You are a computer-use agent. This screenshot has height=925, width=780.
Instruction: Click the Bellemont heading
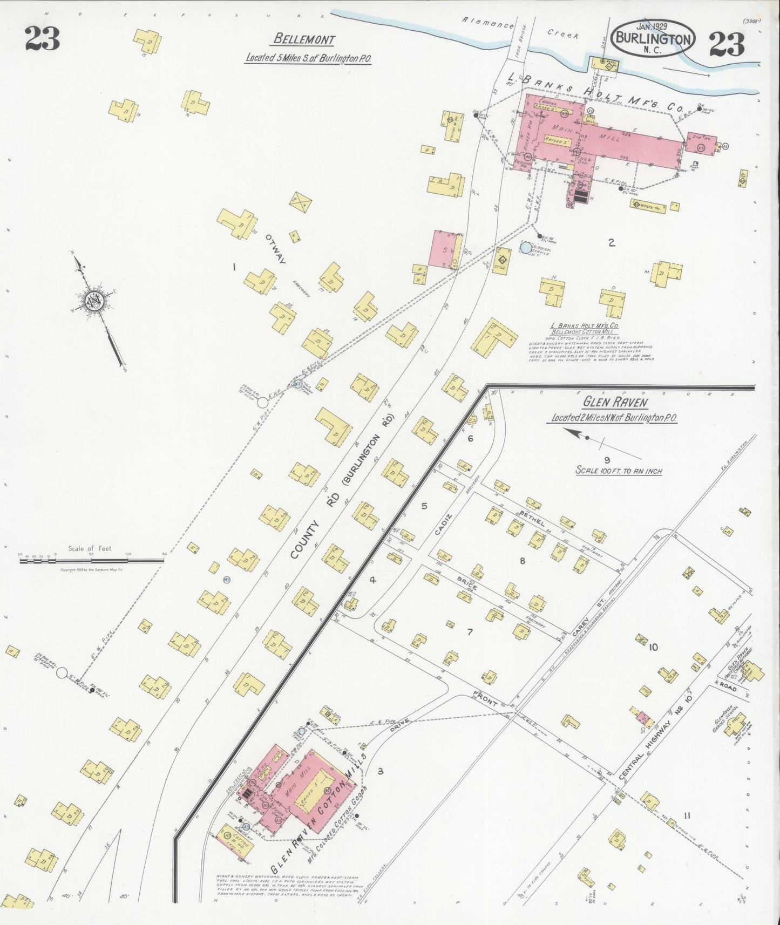(x=304, y=39)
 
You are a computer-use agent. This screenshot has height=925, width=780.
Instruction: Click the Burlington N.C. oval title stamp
(x=654, y=38)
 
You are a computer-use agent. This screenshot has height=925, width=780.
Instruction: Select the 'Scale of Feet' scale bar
(x=91, y=560)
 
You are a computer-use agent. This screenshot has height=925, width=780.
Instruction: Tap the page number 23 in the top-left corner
(x=42, y=39)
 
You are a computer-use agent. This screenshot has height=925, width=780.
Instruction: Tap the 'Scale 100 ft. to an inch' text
(x=619, y=471)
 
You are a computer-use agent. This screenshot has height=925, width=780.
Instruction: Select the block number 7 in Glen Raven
(x=470, y=632)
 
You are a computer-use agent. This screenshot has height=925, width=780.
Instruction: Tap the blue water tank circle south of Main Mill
(x=525, y=248)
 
